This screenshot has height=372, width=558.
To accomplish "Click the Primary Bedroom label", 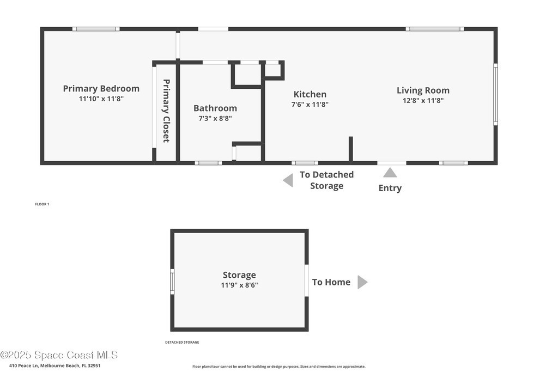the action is tap(101, 89).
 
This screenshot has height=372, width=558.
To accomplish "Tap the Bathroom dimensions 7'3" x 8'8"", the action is tap(215, 118).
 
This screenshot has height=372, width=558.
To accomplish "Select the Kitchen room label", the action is tap(310, 94).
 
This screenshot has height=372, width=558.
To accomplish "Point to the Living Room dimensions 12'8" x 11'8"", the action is tap(423, 100).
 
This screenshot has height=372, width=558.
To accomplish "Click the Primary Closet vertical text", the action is tap(166, 111).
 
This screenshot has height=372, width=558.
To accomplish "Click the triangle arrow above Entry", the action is tap(390, 173).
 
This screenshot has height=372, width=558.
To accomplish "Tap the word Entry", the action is tap(390, 188).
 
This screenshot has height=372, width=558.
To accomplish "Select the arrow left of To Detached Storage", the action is tap(288, 180).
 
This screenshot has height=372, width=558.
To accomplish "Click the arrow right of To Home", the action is tap(362, 282).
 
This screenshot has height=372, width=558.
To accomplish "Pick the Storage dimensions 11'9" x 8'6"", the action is tap(239, 285).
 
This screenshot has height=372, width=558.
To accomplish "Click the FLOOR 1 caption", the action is tap(42, 204).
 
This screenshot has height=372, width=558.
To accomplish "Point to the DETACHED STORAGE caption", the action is tap(182, 342).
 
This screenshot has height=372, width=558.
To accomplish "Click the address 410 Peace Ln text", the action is tap(23, 365).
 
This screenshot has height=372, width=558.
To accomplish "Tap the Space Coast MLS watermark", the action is tap(59, 355).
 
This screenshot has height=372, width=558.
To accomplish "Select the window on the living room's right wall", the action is tap(495, 94).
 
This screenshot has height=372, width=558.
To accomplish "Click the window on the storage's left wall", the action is tap(172, 282).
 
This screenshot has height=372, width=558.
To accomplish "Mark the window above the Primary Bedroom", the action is tap(96, 29).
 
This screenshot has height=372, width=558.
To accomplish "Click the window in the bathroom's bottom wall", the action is tap(208, 163).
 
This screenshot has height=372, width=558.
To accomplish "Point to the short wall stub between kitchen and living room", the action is tap(351, 149).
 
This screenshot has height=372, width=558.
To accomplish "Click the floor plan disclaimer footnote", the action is tap(278, 367).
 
